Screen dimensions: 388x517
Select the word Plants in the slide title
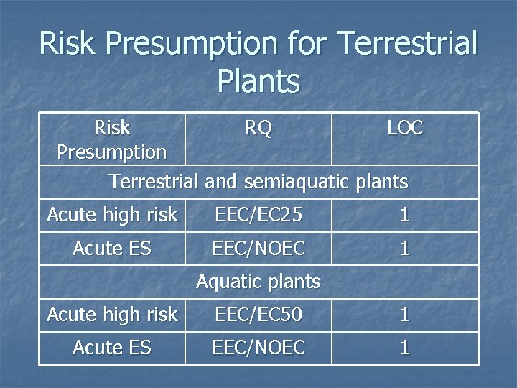(258, 80)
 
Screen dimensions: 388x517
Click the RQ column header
(258, 128)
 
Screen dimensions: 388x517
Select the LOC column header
(405, 128)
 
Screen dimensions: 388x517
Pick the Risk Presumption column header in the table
(112, 140)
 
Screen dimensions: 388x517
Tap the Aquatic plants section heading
(258, 281)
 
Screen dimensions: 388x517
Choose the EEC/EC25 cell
(258, 214)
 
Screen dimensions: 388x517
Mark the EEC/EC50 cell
(258, 314)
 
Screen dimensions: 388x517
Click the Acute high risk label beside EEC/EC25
(112, 214)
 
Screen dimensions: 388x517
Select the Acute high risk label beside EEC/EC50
(112, 314)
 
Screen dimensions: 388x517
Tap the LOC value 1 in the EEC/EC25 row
(405, 214)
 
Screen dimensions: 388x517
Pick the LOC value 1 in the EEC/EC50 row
(405, 314)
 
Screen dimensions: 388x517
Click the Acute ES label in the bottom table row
(112, 348)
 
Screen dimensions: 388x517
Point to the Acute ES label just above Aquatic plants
(112, 249)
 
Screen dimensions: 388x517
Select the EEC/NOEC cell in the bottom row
(258, 348)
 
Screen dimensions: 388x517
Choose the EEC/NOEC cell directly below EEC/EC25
(258, 249)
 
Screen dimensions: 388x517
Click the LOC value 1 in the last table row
(405, 348)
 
